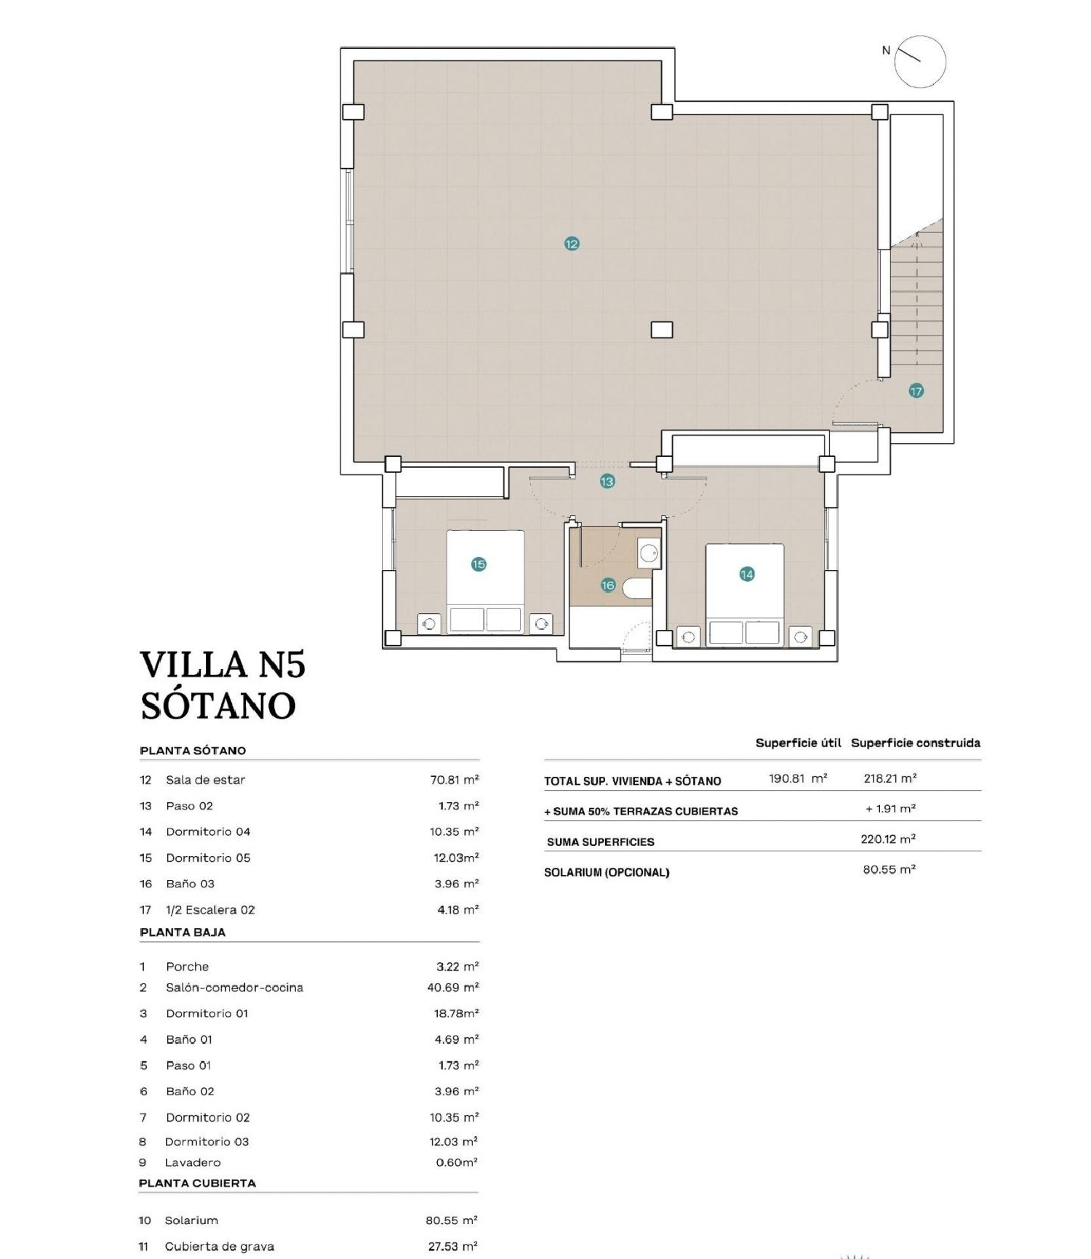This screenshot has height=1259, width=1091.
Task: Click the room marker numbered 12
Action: point(572,244)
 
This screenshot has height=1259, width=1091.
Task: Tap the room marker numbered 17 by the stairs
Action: point(916,391)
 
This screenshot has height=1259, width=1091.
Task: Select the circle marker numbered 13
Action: point(607,481)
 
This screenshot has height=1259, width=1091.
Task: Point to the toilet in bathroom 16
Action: point(637,587)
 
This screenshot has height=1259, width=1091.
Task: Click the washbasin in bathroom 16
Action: point(649,554)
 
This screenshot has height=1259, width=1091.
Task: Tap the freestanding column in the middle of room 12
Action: point(661,329)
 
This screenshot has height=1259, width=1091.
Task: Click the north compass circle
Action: point(920,62)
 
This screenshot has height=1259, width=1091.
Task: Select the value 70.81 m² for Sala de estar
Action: point(454,780)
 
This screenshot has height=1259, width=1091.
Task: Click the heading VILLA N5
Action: point(223,665)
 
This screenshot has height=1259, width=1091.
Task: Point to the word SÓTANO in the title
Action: point(218,706)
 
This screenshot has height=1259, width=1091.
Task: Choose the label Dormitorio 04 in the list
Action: point(208,831)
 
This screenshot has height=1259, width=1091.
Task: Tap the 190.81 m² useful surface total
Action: point(798,778)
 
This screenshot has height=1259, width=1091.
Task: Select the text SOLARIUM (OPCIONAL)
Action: point(607,872)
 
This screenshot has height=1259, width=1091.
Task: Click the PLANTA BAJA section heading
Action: point(183,932)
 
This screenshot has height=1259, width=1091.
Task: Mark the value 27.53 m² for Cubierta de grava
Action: point(452,1247)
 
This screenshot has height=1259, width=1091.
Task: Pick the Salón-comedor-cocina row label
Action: point(234,988)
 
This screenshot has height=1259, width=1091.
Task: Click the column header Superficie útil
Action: point(798,743)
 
